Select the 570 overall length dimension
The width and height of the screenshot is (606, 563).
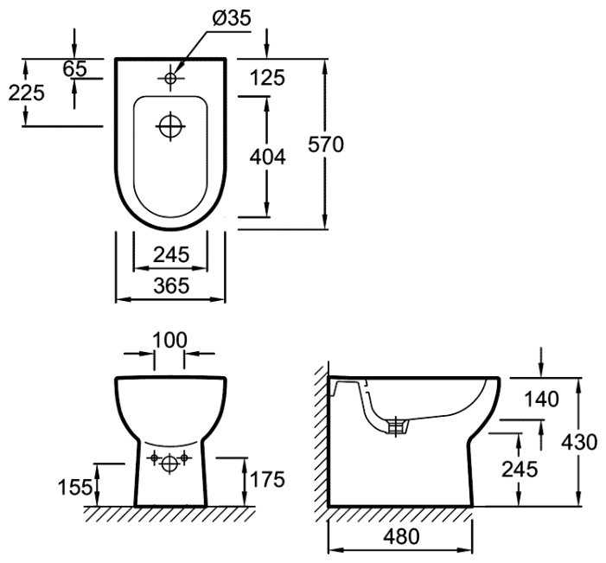tap(326, 144)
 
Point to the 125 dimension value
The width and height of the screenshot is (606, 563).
tap(266, 78)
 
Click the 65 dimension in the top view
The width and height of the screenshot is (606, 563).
tap(75, 68)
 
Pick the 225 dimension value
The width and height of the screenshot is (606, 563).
tap(26, 92)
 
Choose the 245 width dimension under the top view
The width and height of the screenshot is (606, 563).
tap(169, 255)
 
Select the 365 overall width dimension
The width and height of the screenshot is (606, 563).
tap(170, 286)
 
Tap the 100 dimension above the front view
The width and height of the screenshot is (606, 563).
tap(169, 339)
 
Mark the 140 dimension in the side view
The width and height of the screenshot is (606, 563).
tap(541, 399)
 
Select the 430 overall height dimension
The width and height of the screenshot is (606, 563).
tap(578, 442)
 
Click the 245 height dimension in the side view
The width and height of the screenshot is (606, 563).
tap(519, 469)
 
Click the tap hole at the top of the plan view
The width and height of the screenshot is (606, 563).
tap(170, 78)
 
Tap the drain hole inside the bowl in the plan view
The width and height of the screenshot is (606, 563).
tap(170, 125)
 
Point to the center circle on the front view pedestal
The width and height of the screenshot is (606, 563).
tap(170, 463)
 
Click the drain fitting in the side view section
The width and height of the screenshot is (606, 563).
tap(397, 425)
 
